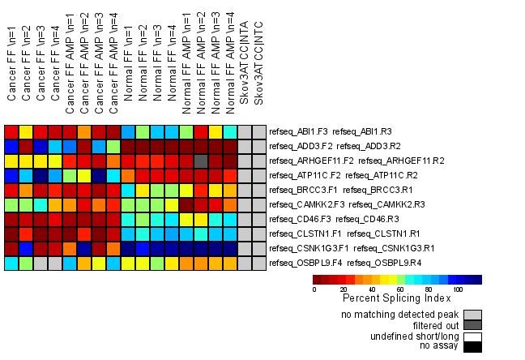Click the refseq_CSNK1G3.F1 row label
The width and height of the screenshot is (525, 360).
pos(340,249)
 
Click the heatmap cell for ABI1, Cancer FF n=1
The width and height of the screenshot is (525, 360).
pos(11,132)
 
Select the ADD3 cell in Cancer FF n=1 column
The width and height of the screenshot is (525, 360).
pos(11,147)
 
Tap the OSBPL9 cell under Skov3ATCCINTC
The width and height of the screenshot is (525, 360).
pos(258,264)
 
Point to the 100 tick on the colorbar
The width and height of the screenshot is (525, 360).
pos(458,289)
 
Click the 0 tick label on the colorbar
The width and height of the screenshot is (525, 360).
pos(314,289)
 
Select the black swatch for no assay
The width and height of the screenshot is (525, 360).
pos(472,347)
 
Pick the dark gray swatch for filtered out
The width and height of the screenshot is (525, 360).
pos(472,325)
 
